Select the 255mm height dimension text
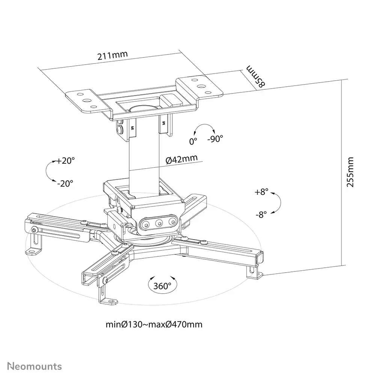350,172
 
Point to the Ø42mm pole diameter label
181,159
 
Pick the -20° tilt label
65,183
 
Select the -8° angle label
261,214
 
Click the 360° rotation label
162,286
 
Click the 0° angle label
193,142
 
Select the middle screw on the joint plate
158,223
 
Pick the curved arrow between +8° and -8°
277,203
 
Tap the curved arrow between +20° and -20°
48,172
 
